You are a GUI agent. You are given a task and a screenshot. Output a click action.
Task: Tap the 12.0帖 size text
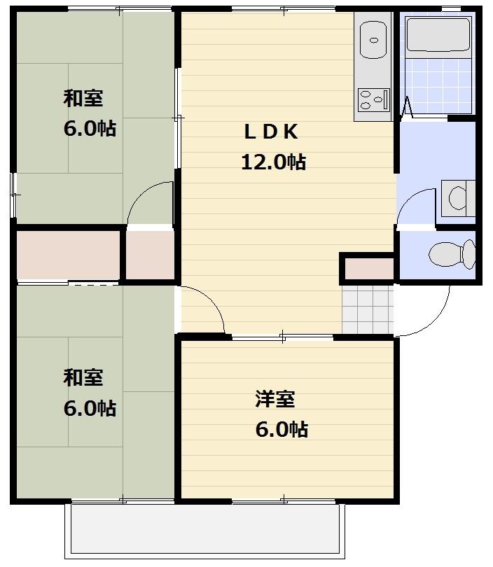pos(272,162)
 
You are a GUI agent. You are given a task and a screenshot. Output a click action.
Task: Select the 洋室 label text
pos(275,400)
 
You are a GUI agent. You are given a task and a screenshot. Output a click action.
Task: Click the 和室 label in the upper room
pos(83,98)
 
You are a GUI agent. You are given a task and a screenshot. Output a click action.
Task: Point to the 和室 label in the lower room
pos(83,377)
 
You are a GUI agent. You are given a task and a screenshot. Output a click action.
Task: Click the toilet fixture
pos(452,253)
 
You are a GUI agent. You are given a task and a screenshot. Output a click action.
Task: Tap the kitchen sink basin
pos(373,40)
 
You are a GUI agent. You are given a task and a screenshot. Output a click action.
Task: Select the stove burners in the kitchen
pos(373,99)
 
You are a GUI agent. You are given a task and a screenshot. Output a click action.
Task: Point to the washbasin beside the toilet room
pos(458,195)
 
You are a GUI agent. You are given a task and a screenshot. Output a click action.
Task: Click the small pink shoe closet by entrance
pos(368,268)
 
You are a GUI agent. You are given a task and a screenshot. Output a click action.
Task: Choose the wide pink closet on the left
pos(68,254)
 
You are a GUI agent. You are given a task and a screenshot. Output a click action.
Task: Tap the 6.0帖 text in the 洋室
pos(281,429)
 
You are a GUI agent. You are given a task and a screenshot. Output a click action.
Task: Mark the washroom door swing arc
pos(413,206)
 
